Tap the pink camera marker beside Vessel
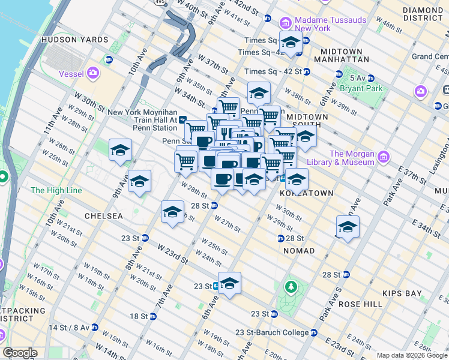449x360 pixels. pyautogui.click(x=92, y=73)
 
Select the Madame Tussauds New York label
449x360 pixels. pyautogui.click(x=330, y=24)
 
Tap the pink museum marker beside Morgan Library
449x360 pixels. pyautogui.click(x=384, y=157)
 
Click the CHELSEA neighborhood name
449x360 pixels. pyautogui.click(x=103, y=215)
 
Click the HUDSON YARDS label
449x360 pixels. pyautogui.click(x=74, y=40)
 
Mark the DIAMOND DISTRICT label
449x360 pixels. pyautogui.click(x=423, y=14)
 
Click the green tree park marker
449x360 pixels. pyautogui.click(x=292, y=287)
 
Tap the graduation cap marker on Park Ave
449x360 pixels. pyautogui.click(x=348, y=227)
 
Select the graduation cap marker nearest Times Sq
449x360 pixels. pyautogui.click(x=291, y=42)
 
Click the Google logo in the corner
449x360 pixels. pyautogui.click(x=20, y=353)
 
